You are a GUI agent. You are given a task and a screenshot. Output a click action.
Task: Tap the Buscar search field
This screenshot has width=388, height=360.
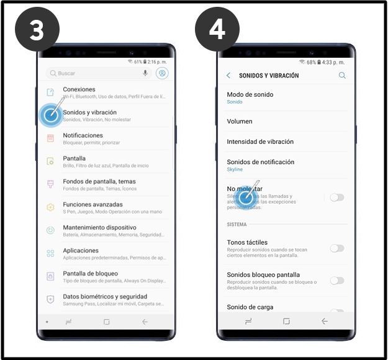93,73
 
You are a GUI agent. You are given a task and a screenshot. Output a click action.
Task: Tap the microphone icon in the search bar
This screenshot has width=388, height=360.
145,73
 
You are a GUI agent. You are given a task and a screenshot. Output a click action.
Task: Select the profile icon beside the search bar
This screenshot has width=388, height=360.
163,73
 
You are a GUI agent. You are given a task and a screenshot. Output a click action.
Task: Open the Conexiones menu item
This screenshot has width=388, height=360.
79,89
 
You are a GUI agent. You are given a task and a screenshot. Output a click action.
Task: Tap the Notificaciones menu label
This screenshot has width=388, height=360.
83,135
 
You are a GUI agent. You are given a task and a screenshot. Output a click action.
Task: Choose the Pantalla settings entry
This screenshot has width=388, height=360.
74,158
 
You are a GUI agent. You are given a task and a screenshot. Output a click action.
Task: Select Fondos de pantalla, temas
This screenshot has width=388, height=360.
99,181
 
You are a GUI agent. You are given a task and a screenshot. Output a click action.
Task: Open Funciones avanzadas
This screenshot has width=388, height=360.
92,204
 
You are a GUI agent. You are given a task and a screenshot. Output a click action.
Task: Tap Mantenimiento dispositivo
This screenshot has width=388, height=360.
99,227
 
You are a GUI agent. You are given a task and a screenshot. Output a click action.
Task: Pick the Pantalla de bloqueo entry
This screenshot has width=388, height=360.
90,273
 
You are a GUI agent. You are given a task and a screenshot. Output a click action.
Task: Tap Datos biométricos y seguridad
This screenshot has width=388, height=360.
105,297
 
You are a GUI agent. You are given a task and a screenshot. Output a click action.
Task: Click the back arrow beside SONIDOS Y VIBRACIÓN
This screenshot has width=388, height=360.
228,76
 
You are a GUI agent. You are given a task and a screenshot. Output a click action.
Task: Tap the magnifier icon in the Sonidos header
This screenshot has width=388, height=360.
342,76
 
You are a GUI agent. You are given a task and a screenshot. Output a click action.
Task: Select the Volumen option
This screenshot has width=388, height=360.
240,122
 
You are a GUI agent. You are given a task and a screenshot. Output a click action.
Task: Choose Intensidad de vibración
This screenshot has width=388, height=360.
260,142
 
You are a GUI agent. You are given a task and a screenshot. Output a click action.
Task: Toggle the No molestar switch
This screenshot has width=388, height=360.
336,197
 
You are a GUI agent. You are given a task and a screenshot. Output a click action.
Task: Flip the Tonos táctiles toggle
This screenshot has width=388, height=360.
336,248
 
